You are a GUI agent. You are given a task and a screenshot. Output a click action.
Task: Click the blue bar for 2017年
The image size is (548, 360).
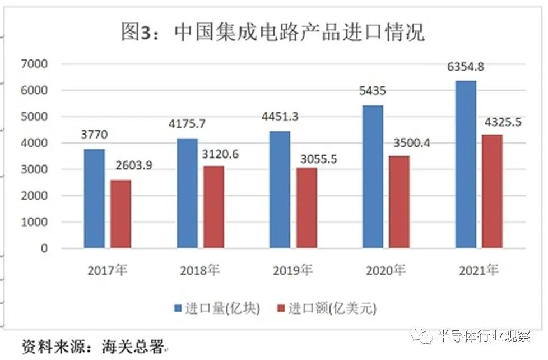coord(95,199)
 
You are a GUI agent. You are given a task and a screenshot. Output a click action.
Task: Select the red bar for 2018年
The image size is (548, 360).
coord(213,207)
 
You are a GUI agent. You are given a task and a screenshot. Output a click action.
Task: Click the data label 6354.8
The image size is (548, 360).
coord(466,68)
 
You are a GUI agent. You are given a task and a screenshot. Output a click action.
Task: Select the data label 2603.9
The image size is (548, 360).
coord(133,166)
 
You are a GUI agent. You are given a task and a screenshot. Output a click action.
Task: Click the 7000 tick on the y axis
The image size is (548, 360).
coord(36,64)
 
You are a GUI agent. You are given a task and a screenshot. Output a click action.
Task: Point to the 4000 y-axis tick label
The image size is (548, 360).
coord(36,143)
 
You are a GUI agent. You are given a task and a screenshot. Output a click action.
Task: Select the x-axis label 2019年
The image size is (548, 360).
coord(292,271)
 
